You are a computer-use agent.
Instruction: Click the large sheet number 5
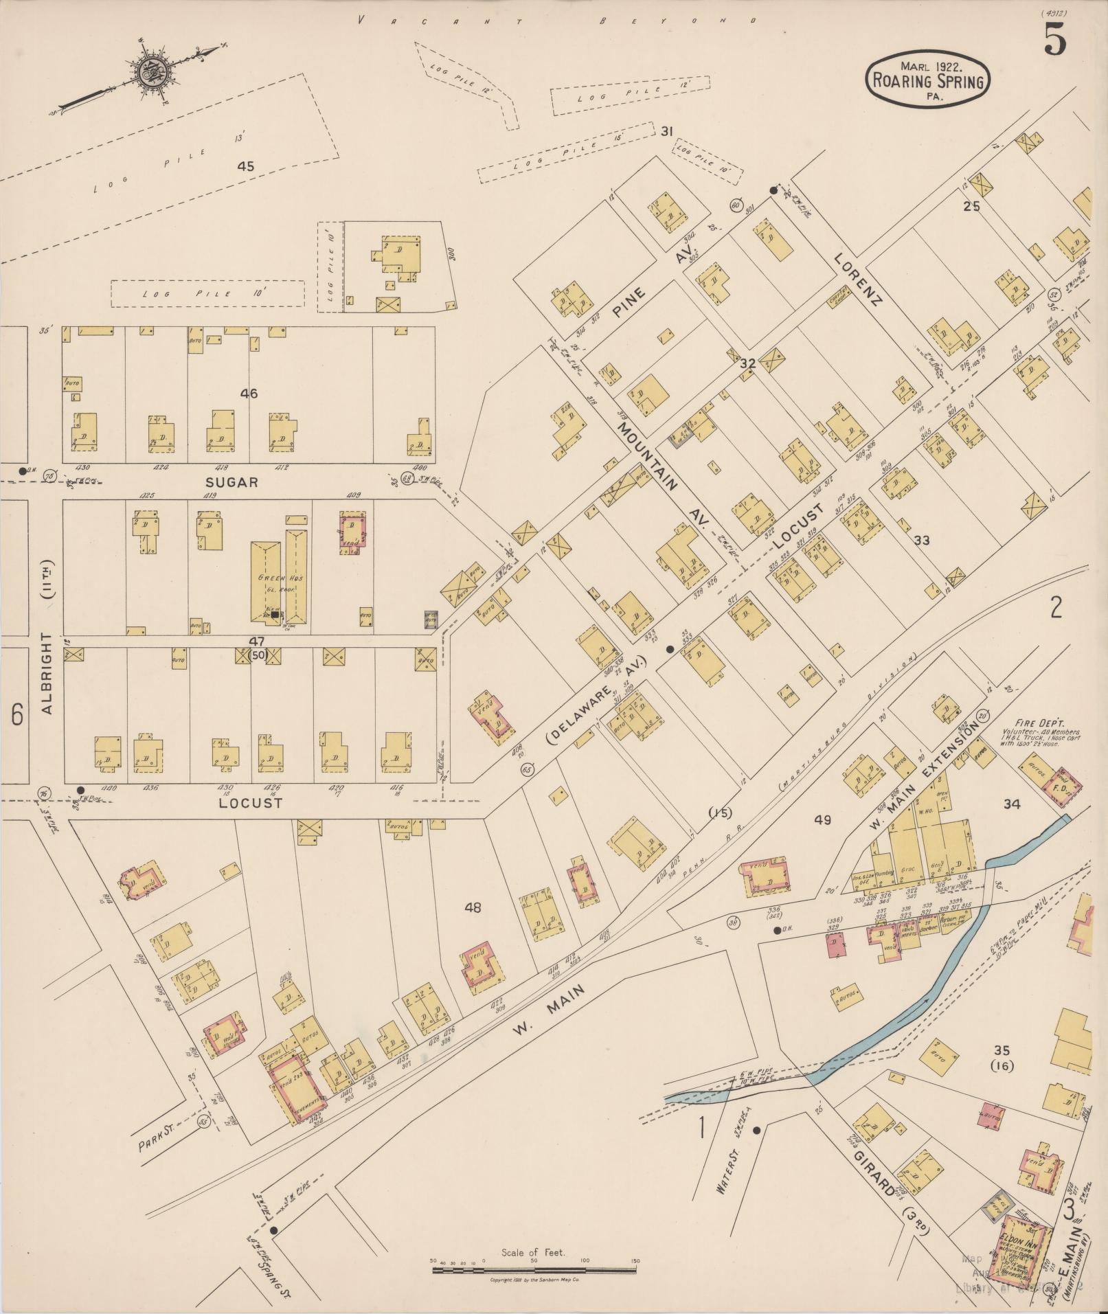[1056, 40]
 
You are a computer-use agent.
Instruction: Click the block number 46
[249, 394]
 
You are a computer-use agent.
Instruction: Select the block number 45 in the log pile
[245, 166]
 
